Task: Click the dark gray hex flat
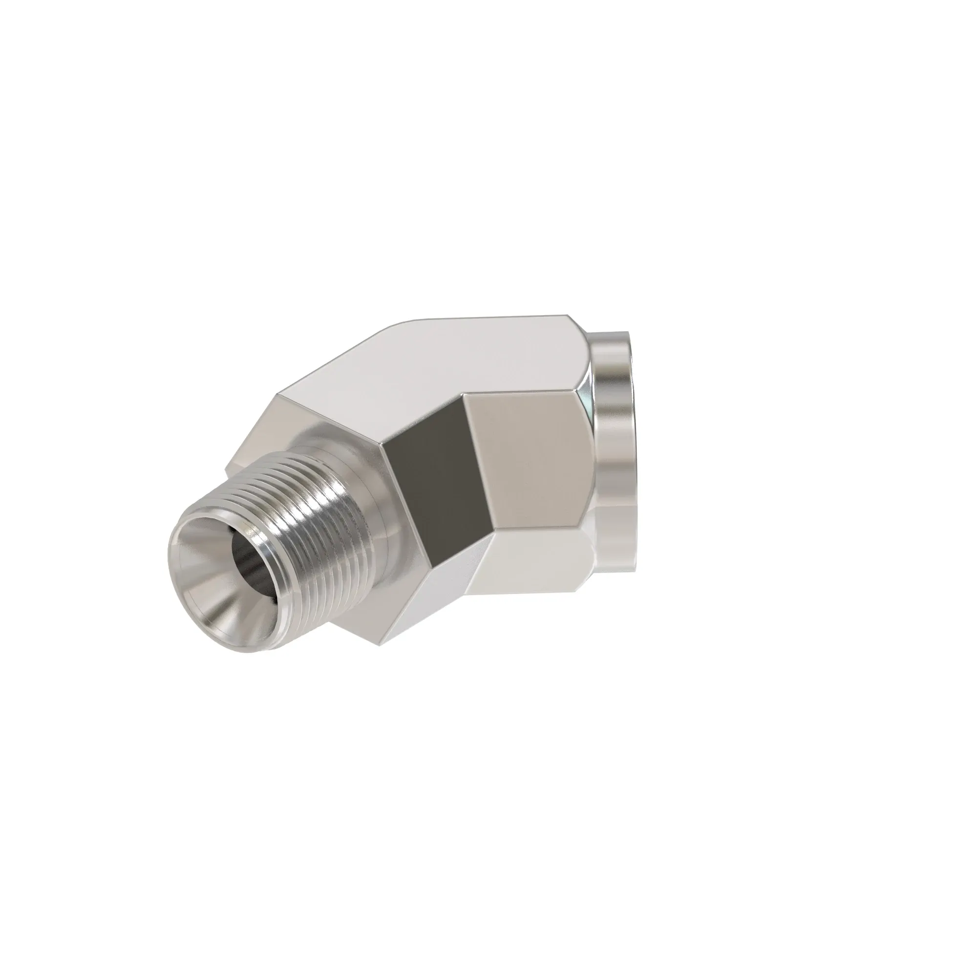coord(430,480)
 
